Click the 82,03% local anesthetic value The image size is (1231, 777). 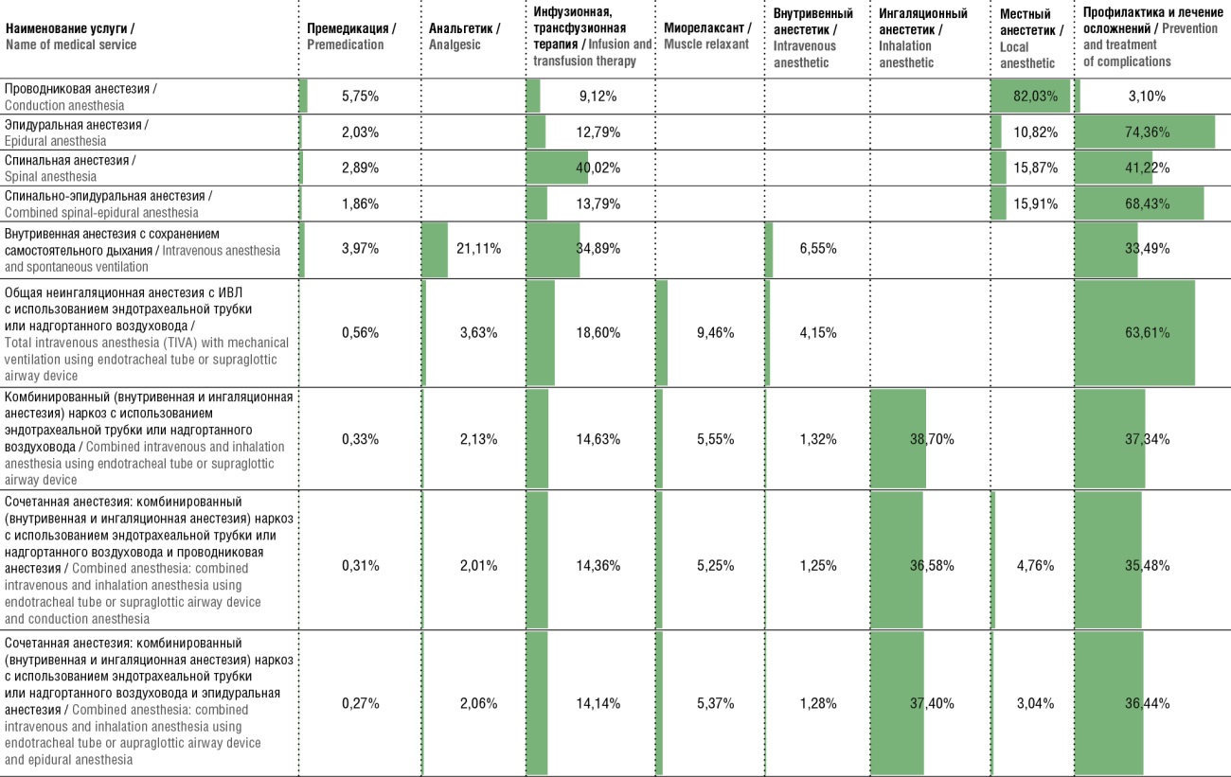click(1035, 97)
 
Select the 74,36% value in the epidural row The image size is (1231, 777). click(1148, 132)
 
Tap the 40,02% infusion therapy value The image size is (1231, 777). click(598, 168)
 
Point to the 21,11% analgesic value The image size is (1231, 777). click(478, 249)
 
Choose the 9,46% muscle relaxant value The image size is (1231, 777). click(716, 333)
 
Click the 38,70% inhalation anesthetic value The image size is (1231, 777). click(932, 439)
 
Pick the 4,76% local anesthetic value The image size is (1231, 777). click(1035, 566)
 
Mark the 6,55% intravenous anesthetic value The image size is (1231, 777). click(818, 249)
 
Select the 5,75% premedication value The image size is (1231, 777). click(360, 97)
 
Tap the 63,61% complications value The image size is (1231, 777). click(1148, 333)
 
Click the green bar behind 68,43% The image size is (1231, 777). click(1139, 203)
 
